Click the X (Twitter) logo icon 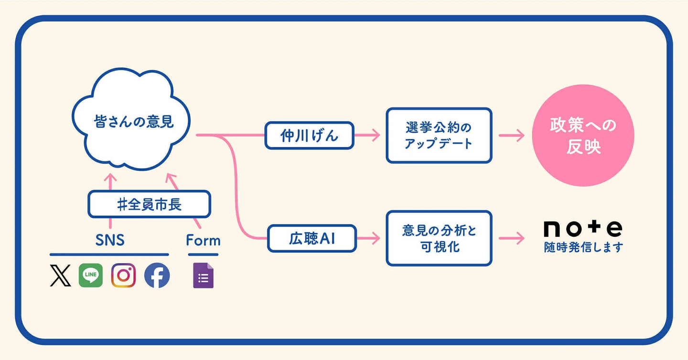click(61, 276)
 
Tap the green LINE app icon click(91, 276)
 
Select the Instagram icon click(123, 276)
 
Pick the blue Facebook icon click(157, 276)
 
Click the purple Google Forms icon click(203, 276)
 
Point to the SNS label click(109, 240)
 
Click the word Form click(203, 240)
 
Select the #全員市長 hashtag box click(149, 204)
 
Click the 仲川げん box click(310, 136)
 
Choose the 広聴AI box click(312, 238)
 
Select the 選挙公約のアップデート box click(439, 136)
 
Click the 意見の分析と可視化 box click(439, 238)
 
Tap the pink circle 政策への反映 click(583, 135)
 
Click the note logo click(583, 229)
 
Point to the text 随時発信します click(583, 247)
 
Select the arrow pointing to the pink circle click(511, 136)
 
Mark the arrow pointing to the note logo click(511, 238)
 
